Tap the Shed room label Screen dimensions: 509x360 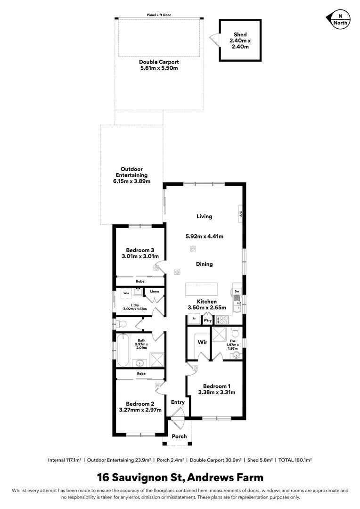[x=240, y=35]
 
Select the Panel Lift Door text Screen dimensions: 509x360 [x=159, y=15]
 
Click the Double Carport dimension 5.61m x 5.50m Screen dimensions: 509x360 [x=159, y=68]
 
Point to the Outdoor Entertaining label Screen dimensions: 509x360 [x=131, y=172]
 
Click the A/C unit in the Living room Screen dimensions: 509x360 [x=240, y=213]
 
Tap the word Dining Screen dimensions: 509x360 [x=204, y=264]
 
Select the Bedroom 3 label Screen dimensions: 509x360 [x=139, y=250]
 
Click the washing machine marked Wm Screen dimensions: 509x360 [x=126, y=293]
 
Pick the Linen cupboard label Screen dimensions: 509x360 [x=155, y=291]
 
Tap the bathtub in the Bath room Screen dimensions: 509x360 [x=123, y=350]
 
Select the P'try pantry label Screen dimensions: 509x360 [x=207, y=320]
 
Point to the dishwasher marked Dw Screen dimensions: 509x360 [x=237, y=291]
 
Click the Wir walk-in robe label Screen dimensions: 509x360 [x=203, y=342]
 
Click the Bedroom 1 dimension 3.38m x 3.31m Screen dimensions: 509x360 [x=216, y=392]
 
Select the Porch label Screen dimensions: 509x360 [x=179, y=436]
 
